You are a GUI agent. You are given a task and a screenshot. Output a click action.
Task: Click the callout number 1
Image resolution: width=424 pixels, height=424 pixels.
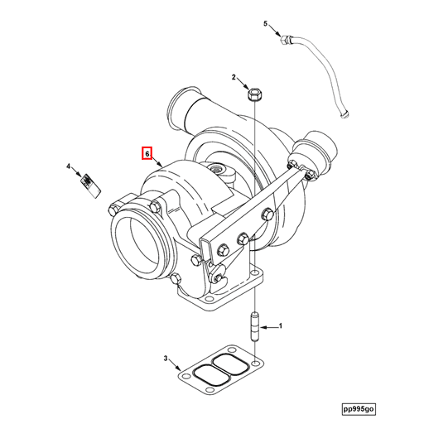tap(280, 327)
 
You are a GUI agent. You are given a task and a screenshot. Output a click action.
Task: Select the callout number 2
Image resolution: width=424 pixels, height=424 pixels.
tap(234, 78)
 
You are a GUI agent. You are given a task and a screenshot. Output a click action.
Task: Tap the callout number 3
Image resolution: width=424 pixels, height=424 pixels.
tap(166, 359)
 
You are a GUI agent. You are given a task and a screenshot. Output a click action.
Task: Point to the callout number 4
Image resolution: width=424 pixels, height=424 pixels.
tap(69, 167)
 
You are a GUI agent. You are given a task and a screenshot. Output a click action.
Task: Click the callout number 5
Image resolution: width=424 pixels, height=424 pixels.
tap(266, 23)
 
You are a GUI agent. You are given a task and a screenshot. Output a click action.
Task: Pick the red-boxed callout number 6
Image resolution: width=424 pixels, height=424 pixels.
tap(147, 153)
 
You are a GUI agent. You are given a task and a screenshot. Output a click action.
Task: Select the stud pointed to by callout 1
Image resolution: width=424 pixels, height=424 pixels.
tap(254, 326)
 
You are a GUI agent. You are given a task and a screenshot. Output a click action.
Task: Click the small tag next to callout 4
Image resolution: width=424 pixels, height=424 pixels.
tap(91, 184)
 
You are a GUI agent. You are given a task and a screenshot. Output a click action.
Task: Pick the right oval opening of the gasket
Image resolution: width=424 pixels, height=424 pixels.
tap(233, 367)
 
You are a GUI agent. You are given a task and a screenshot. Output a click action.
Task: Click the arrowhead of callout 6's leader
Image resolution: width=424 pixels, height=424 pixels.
tap(162, 170)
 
